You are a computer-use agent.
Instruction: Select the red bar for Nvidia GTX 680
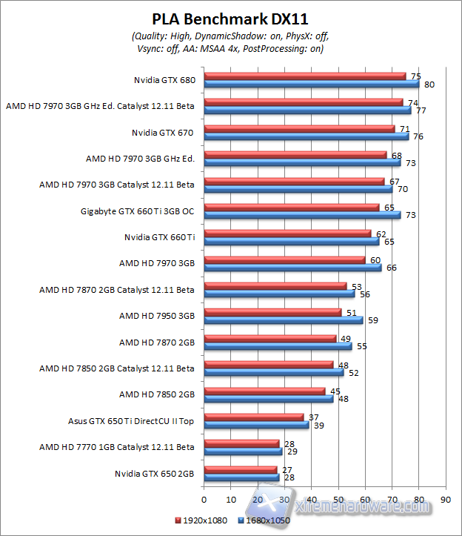pos(304,76)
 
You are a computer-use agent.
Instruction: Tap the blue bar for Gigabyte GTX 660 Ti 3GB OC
pos(301,214)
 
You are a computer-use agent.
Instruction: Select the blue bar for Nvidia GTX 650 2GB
pos(241,477)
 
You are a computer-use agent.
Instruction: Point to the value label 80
pos(429,85)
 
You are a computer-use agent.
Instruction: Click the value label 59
pos(372,320)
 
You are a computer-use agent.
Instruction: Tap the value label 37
pos(313,417)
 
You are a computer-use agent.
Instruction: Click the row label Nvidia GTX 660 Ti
pos(159,237)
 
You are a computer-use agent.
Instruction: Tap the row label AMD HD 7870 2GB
pos(156,342)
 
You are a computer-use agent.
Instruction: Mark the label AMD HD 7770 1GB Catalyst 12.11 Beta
pos(117,446)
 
